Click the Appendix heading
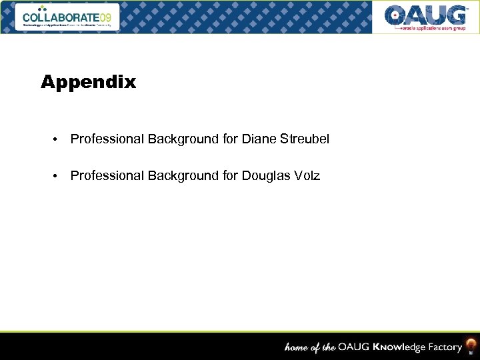coord(88,83)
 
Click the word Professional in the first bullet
coord(107,139)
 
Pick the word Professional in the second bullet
coord(107,176)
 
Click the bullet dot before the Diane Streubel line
coord(57,140)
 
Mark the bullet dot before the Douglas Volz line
coord(57,177)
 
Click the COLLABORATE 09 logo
coord(67,17)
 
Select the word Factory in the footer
coord(444,347)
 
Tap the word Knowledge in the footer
coord(399,347)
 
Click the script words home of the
coord(310,347)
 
